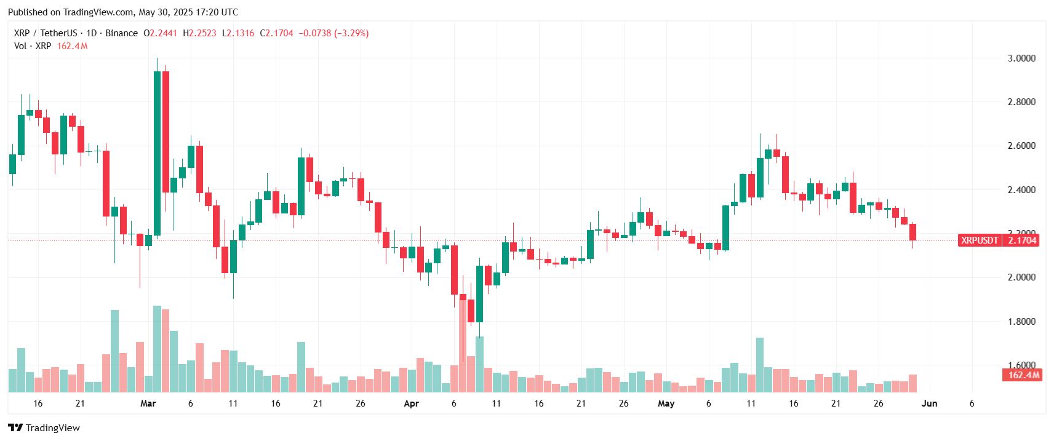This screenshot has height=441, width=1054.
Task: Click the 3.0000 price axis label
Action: coord(1021,58)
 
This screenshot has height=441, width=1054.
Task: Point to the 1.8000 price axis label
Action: coord(1021,322)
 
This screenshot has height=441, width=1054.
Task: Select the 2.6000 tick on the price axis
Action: coord(1021,146)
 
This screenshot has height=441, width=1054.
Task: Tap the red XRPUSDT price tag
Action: coord(979,240)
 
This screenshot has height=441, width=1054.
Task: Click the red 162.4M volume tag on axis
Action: coord(1023,375)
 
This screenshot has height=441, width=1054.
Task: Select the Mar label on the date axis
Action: coord(148,403)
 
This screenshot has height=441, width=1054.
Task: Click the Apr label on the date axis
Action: coord(411,403)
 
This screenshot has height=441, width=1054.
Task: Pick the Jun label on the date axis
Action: coord(929,403)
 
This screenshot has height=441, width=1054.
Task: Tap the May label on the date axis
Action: coord(666,403)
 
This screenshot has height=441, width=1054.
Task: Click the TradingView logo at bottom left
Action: coord(44,427)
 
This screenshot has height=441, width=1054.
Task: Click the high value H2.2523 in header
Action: coord(199,33)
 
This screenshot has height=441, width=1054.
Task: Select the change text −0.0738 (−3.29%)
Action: coord(333,33)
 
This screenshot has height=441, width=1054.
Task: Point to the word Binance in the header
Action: coord(121,33)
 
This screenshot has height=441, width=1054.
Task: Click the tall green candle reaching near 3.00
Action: coord(157,154)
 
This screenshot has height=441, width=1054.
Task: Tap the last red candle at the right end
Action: coord(912,232)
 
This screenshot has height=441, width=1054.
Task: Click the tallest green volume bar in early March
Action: coord(157,349)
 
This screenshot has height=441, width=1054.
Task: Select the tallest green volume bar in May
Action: coord(760,365)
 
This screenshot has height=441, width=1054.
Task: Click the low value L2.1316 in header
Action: coord(238,33)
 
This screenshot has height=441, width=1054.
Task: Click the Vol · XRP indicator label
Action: coord(33,46)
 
